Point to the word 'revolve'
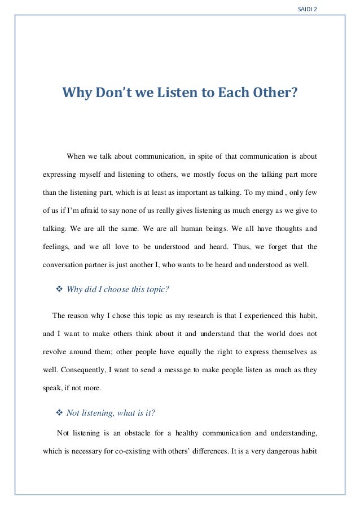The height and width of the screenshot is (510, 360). tap(56, 352)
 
